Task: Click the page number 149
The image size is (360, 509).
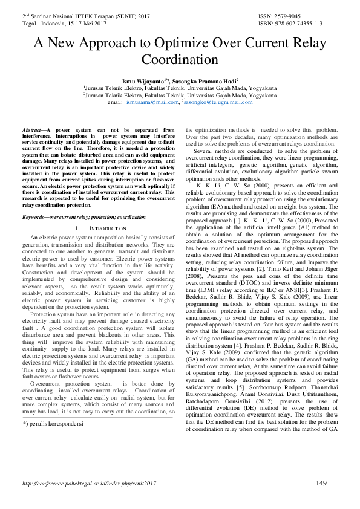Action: point(322,482)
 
